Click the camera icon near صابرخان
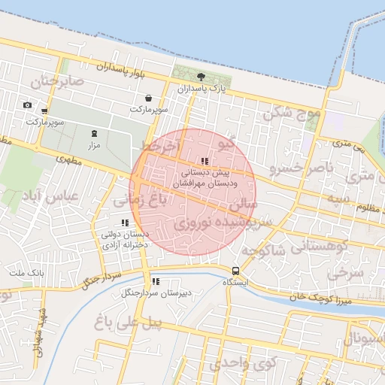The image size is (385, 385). coord(28,105)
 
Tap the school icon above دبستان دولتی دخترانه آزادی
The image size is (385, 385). coord(125,223)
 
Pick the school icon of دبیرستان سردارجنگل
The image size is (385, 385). coord(155,282)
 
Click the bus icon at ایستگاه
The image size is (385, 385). coord(236,271)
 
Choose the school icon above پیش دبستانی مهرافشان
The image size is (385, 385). coord(205,161)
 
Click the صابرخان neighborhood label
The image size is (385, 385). coord(52,80)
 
